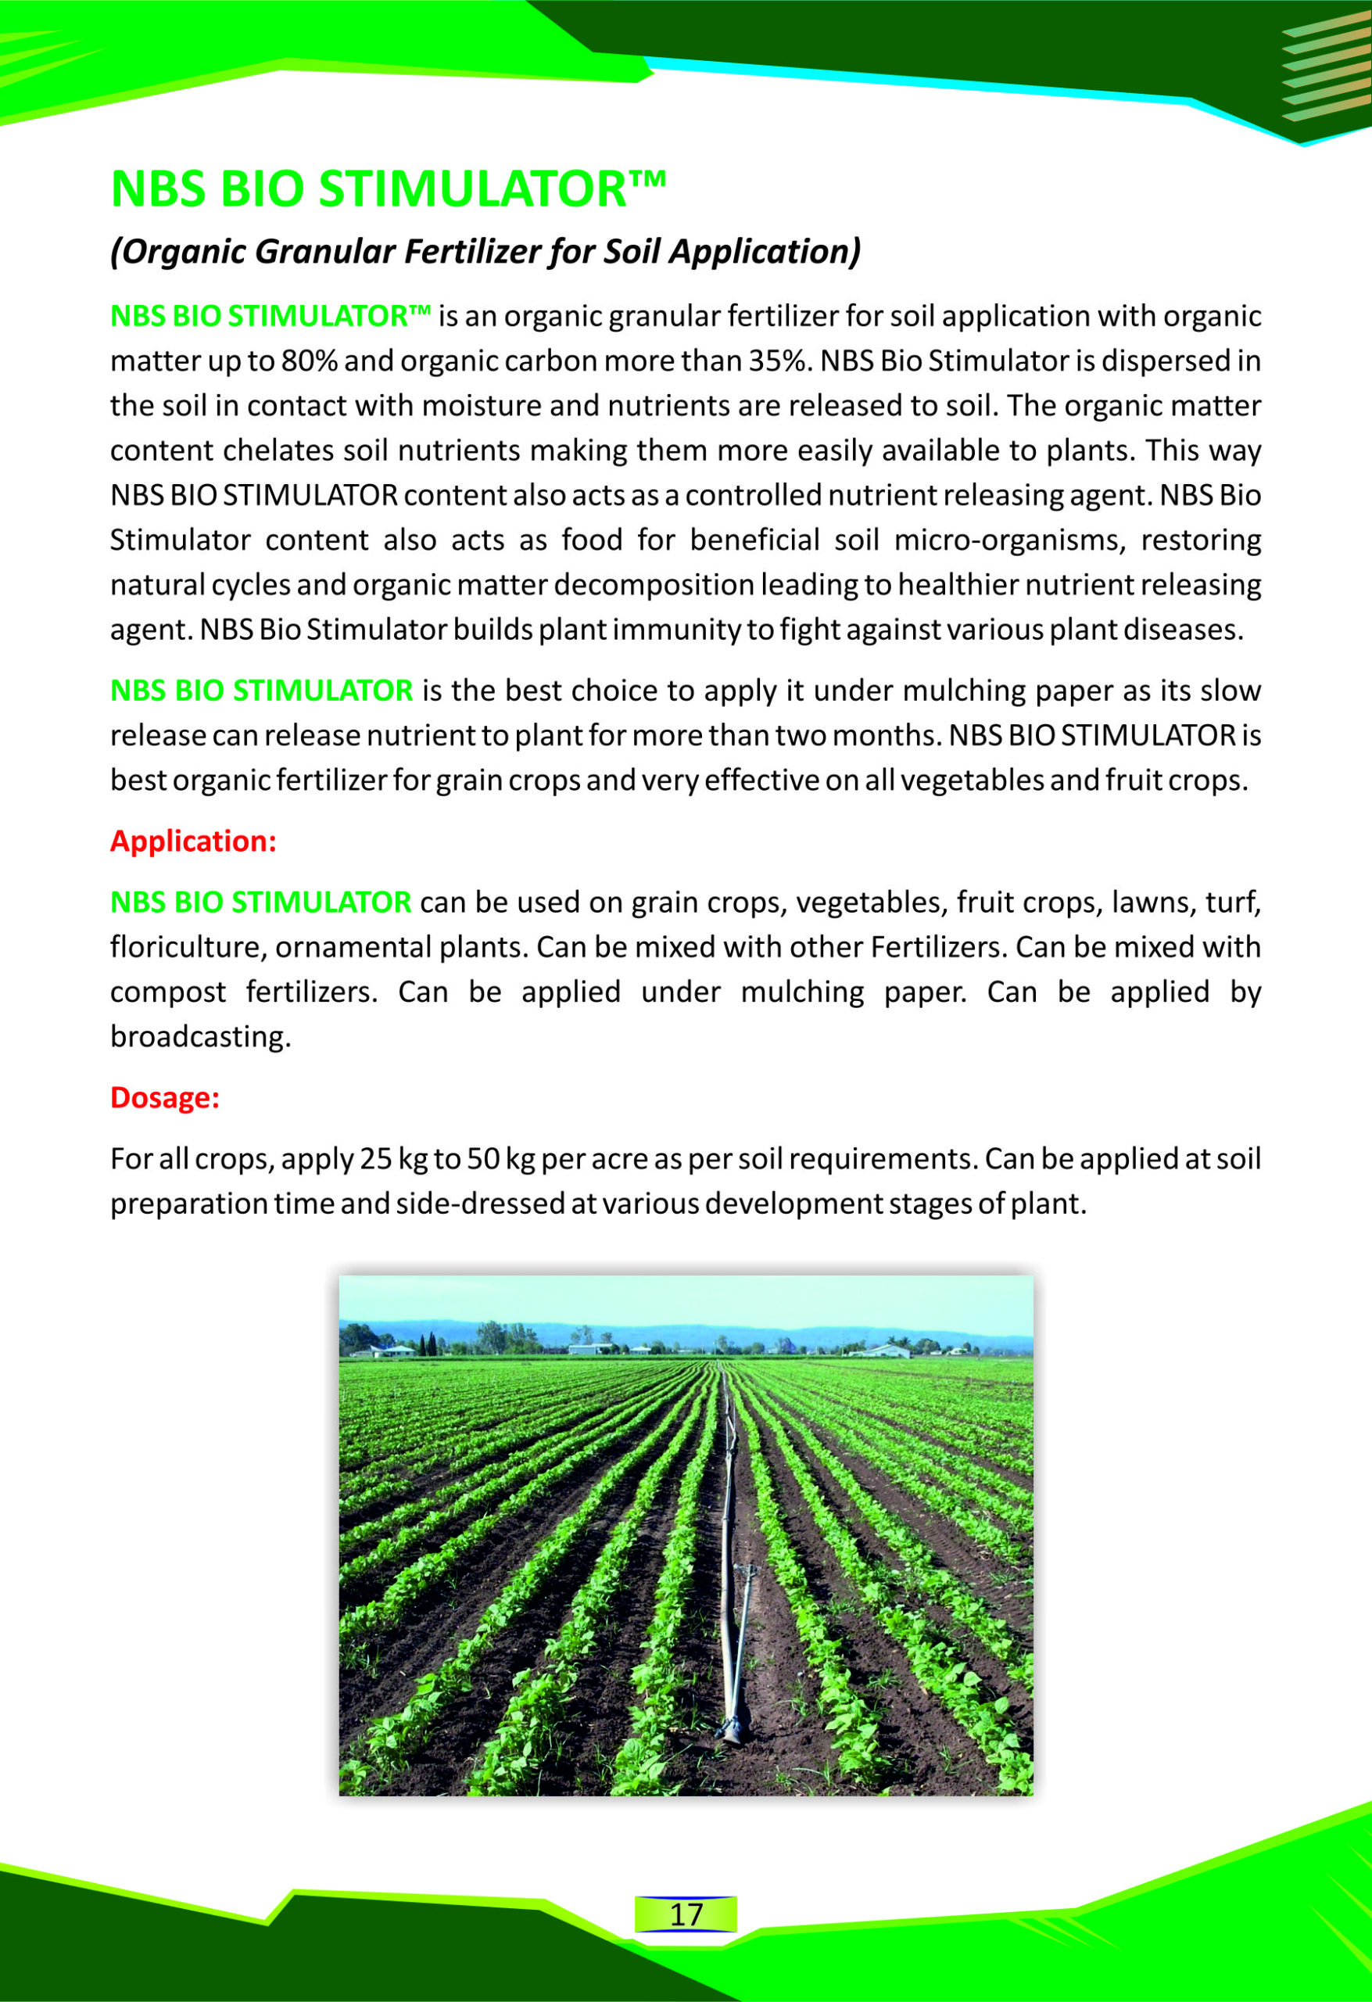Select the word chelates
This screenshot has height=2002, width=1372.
[x=277, y=450]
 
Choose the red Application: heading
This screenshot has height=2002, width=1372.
[x=193, y=841]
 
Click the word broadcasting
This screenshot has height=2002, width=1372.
[x=200, y=1037]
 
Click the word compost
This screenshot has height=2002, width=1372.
[x=167, y=992]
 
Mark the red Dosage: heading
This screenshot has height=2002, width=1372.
[x=164, y=1098]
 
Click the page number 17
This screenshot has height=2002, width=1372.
[x=686, y=1914]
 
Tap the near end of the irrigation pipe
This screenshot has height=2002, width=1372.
[x=731, y=1732]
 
